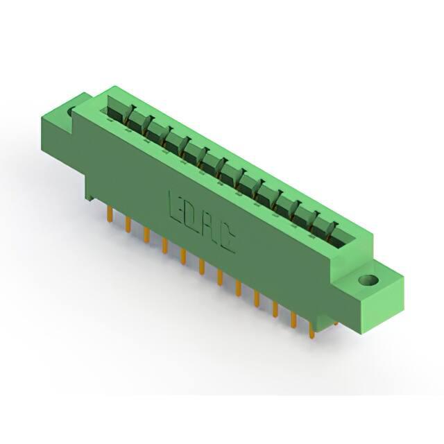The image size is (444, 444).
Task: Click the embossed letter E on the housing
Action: click(175, 205)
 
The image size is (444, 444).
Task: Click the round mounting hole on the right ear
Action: click(368, 280)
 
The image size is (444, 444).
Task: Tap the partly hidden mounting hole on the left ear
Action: click(71, 112)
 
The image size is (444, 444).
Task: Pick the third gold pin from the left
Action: click(146, 235)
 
